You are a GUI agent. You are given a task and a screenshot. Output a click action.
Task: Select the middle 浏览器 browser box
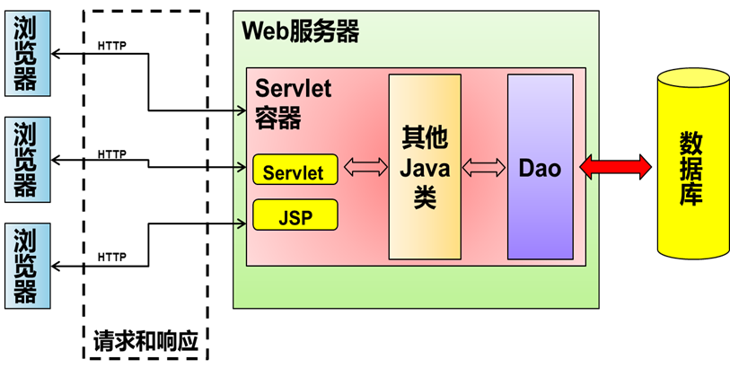(26, 158)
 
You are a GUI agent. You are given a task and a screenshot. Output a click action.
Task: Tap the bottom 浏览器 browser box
(26, 265)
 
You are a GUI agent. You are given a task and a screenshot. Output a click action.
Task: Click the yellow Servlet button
(295, 169)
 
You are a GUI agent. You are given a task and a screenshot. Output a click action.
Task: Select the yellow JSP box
(295, 215)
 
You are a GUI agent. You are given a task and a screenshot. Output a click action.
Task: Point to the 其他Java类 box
(424, 167)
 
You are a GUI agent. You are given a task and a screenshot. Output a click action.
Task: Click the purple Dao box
(540, 167)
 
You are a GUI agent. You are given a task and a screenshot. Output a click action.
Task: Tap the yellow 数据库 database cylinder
(690, 166)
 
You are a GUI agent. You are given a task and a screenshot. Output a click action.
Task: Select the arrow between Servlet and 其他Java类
(364, 168)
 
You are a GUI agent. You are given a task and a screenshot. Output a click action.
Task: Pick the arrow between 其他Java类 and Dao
(484, 168)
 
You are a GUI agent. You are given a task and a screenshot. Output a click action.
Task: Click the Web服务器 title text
(301, 32)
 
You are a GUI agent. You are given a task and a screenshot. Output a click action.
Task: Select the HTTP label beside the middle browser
(111, 153)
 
